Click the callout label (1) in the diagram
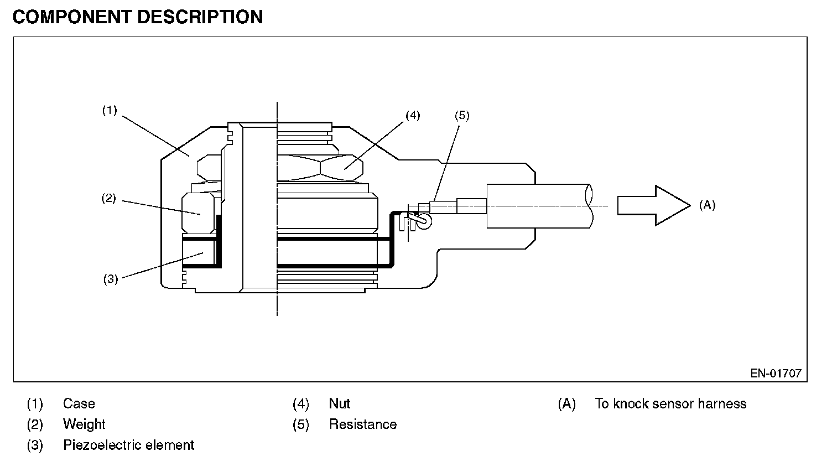click(x=110, y=110)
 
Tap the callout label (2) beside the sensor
click(x=109, y=198)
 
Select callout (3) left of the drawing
click(x=111, y=279)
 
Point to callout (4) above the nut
click(x=413, y=115)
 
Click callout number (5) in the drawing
click(x=462, y=115)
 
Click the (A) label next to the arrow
click(x=707, y=205)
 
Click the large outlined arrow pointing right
click(x=654, y=205)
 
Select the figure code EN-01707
click(x=776, y=373)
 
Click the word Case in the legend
click(x=79, y=403)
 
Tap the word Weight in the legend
click(x=84, y=424)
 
